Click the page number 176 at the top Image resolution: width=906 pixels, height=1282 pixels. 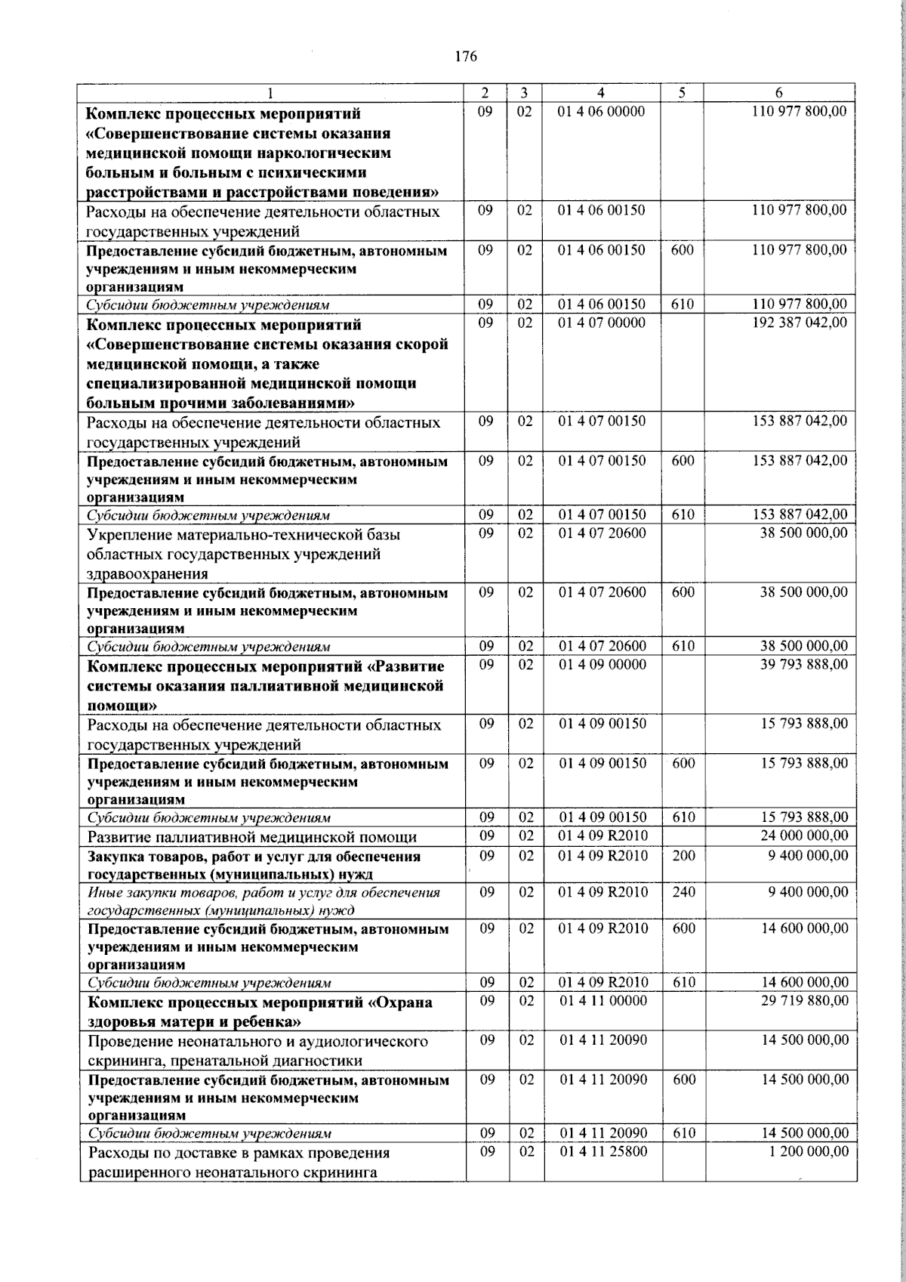(x=466, y=57)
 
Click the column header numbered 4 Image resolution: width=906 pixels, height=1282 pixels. (x=600, y=93)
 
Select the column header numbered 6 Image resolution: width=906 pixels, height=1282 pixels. (x=779, y=93)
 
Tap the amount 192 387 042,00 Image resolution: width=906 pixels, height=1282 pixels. (x=800, y=323)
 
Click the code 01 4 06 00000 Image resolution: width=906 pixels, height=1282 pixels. (x=601, y=112)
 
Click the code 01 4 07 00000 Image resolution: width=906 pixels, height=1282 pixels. (x=601, y=323)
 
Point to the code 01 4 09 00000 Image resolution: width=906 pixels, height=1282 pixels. (x=602, y=664)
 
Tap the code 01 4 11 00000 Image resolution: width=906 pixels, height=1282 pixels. (x=602, y=1001)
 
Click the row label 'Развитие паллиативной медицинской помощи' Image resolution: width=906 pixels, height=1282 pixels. (x=252, y=837)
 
